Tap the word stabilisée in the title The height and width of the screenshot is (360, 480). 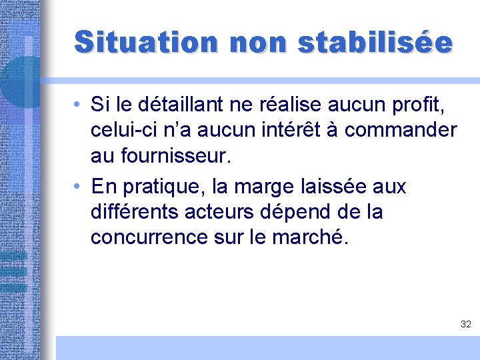click(x=375, y=41)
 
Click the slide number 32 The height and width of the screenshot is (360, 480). click(x=465, y=324)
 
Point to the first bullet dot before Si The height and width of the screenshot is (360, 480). click(x=78, y=105)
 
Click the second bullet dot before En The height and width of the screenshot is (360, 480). click(x=78, y=187)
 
